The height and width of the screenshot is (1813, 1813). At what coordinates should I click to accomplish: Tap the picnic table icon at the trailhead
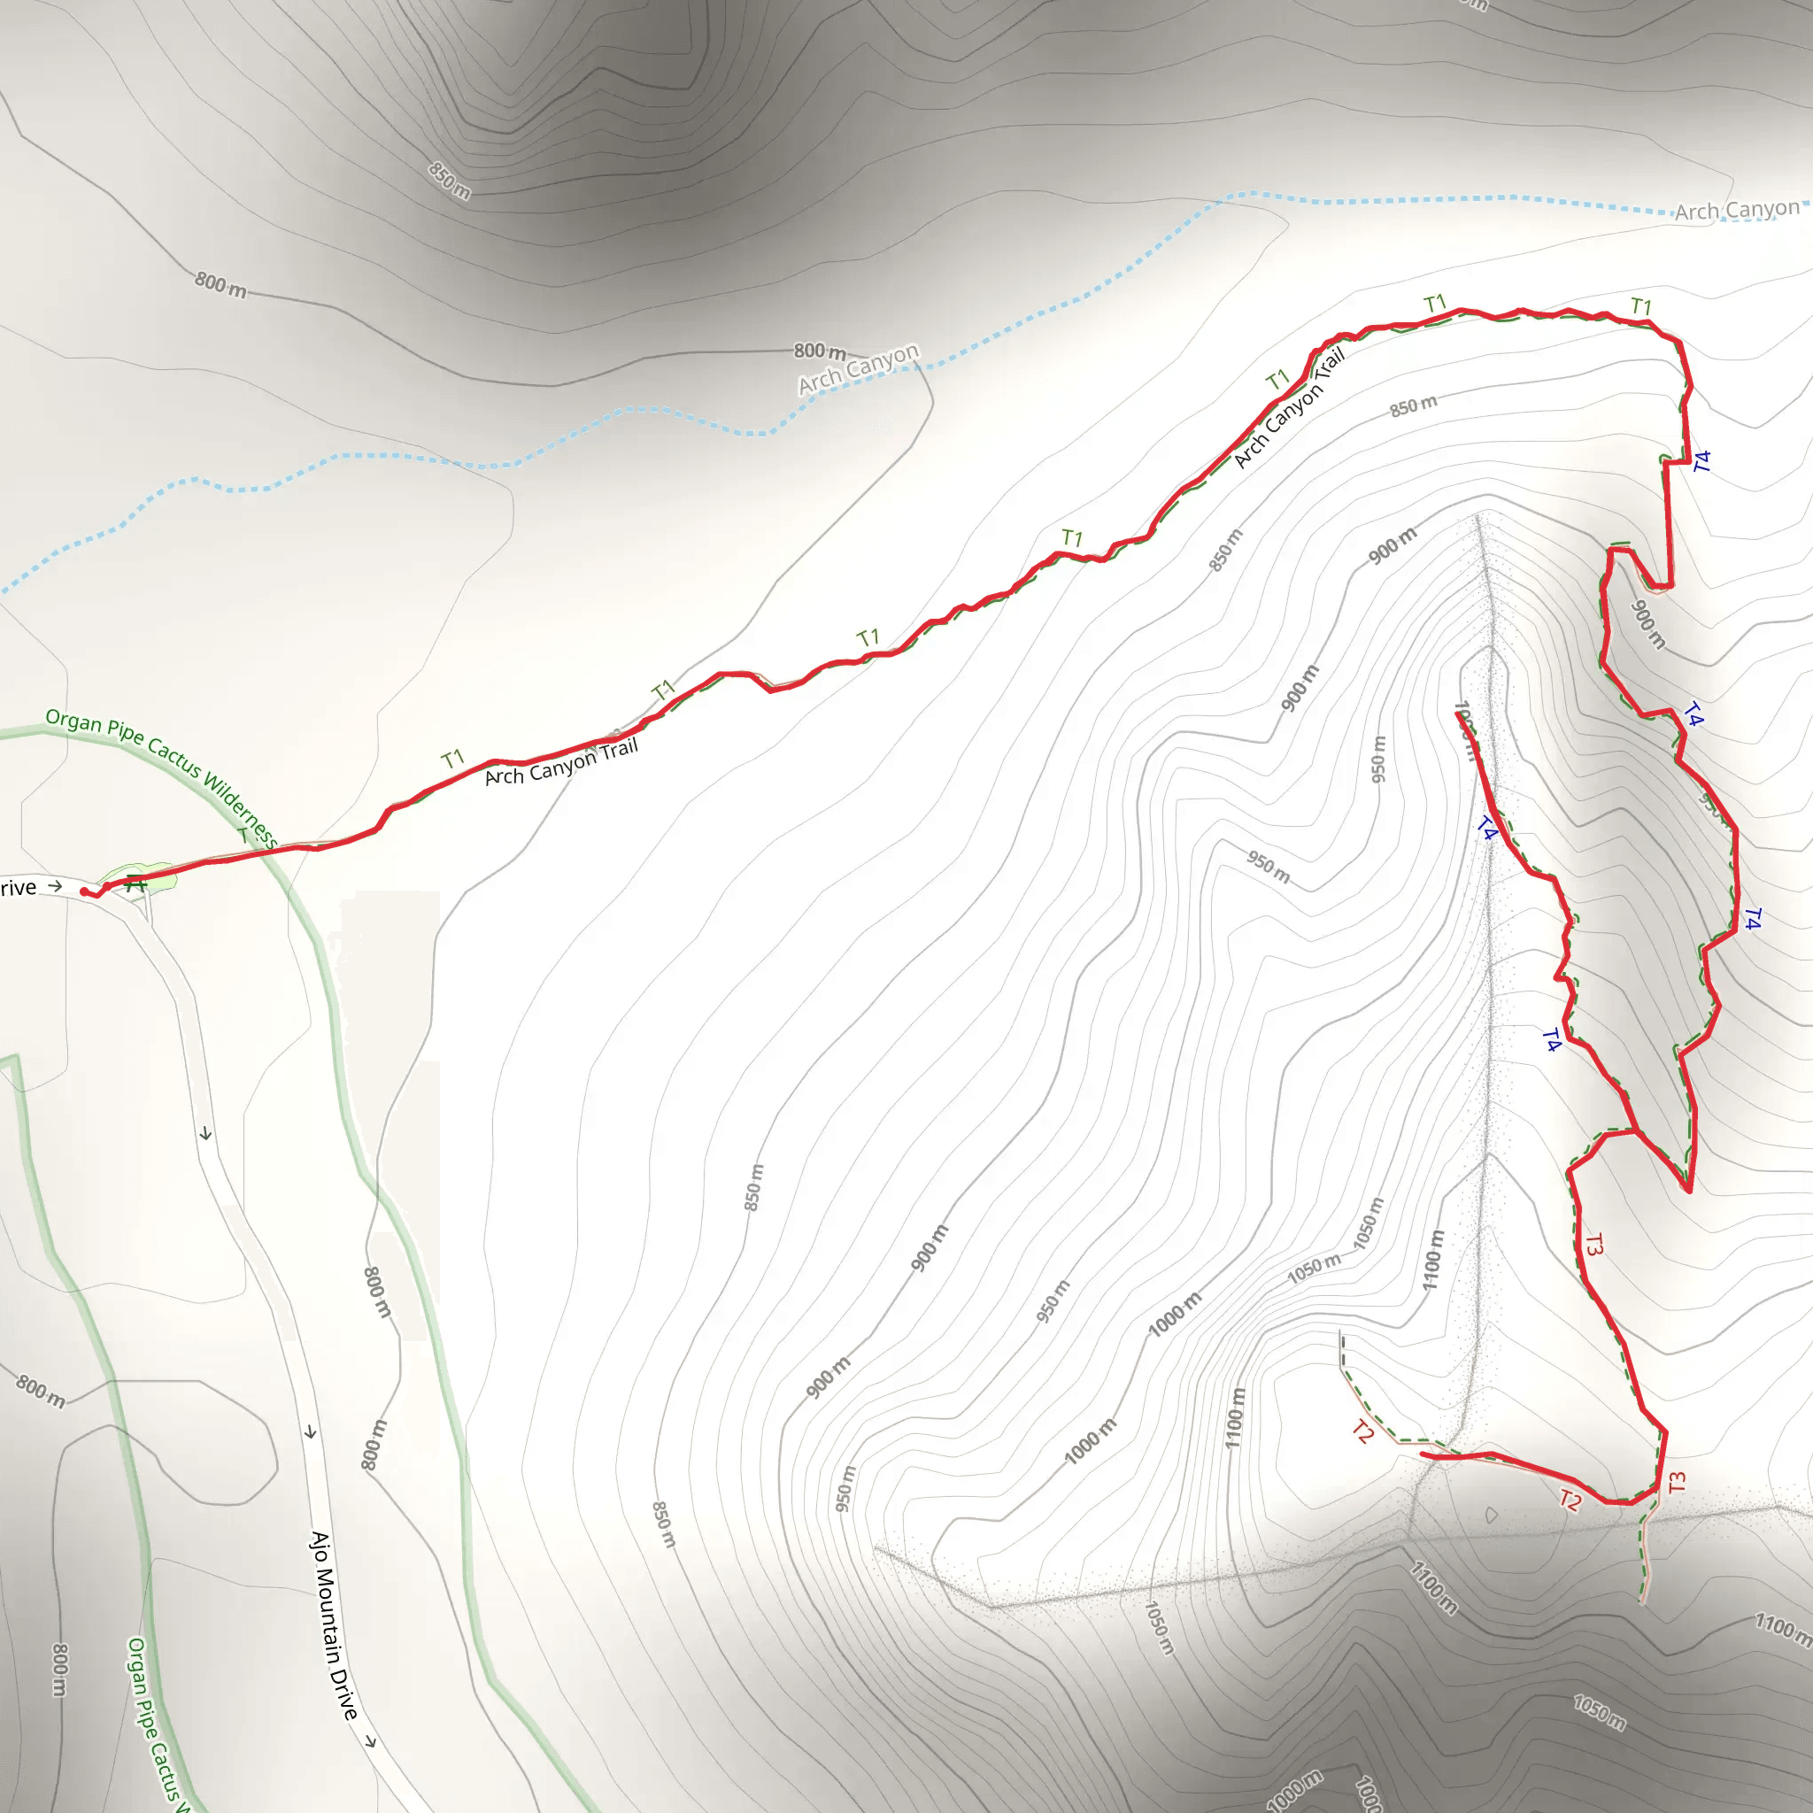pyautogui.click(x=136, y=882)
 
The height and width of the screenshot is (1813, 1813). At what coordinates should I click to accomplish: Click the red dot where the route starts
pyautogui.click(x=84, y=891)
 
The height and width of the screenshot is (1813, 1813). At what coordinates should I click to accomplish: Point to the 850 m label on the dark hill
pyautogui.click(x=450, y=181)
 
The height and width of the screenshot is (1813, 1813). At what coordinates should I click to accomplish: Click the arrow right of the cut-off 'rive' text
pyautogui.click(x=56, y=885)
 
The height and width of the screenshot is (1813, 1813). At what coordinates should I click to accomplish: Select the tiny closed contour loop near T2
pyautogui.click(x=1491, y=1515)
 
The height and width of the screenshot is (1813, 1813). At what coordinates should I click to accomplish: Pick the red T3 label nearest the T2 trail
pyautogui.click(x=1678, y=1482)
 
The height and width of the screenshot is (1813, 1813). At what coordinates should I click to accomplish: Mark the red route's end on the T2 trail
pyautogui.click(x=1424, y=1454)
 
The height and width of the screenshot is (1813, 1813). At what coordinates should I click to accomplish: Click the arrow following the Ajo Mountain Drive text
pyautogui.click(x=371, y=1741)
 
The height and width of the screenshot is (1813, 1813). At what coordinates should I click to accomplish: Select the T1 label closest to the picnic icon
pyautogui.click(x=453, y=759)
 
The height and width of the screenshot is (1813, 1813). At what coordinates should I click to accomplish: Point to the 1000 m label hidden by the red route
pyautogui.click(x=1464, y=732)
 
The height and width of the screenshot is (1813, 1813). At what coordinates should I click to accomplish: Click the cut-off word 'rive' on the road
pyautogui.click(x=18, y=888)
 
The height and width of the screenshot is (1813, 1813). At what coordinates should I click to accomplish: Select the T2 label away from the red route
pyautogui.click(x=1363, y=1431)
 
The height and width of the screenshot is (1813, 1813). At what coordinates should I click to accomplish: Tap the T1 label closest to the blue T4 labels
pyautogui.click(x=1641, y=307)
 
